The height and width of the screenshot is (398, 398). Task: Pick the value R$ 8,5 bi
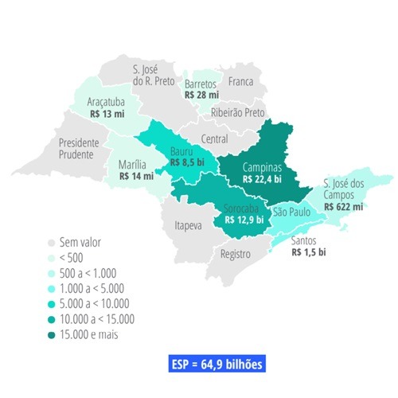point(185,164)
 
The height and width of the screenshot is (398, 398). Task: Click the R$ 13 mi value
point(107,114)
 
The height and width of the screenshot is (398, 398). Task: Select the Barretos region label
point(201,84)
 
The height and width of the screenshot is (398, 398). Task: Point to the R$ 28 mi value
point(201,95)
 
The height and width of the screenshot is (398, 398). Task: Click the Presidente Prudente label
point(79,149)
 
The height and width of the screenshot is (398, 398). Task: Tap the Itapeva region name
point(189,226)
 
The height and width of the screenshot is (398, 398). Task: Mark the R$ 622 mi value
point(344,206)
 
